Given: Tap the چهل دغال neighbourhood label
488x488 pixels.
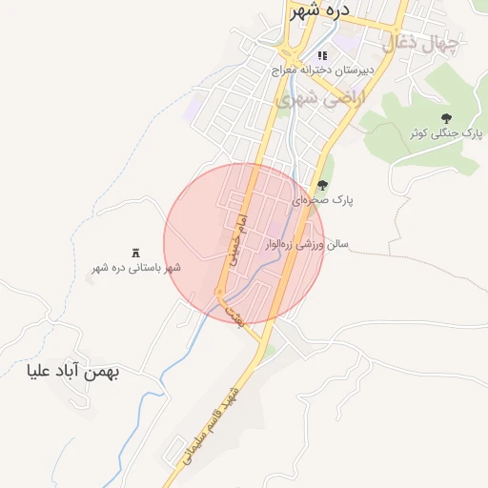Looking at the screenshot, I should tap(421, 44).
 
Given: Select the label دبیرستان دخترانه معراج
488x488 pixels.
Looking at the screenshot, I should tap(323, 71).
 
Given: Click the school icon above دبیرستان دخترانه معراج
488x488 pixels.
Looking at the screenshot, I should tap(322, 55).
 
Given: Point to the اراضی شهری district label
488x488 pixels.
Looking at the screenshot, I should tap(318, 98).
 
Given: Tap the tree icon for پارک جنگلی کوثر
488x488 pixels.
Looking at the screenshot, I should tap(446, 118).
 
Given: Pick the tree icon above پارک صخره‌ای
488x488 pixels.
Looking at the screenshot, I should tap(322, 186).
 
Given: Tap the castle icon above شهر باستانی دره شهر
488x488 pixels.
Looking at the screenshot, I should tap(135, 253).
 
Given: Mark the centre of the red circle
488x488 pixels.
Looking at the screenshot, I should tap(244, 243).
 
